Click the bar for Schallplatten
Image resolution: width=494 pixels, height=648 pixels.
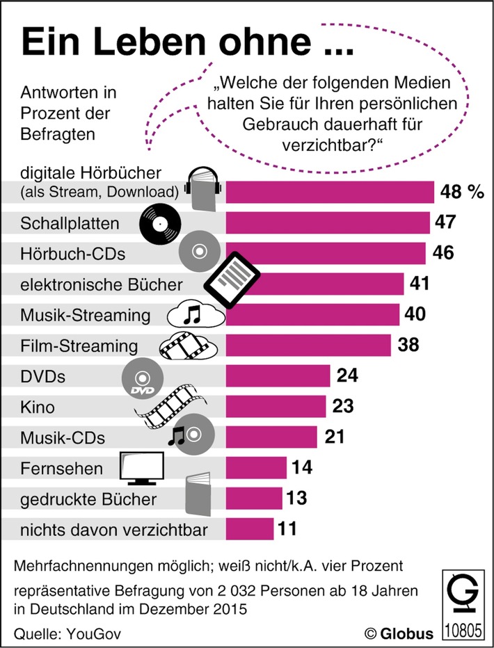point(327,223)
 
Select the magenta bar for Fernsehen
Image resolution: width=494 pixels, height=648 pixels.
point(256,468)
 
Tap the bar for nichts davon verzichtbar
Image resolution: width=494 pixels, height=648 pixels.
point(250,529)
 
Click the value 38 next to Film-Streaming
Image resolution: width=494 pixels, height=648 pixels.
point(409,346)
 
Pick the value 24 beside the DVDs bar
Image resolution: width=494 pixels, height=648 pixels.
point(347,376)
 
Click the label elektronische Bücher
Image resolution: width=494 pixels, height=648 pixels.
point(93,284)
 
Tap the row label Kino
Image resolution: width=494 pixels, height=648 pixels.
point(38,407)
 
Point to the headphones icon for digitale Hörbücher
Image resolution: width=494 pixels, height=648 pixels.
point(202,188)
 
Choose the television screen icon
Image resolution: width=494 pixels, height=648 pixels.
point(142,468)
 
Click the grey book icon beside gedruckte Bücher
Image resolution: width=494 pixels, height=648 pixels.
point(199,497)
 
